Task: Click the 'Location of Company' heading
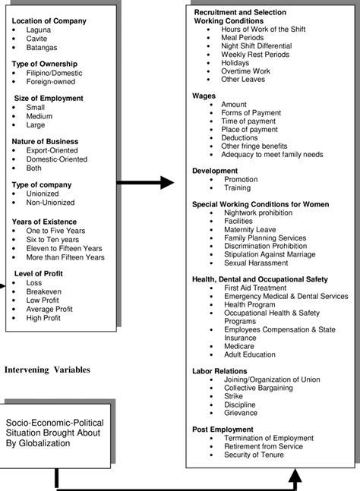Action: coord(49,20)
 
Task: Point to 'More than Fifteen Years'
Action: coord(65,257)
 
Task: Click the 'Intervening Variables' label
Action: coord(47,370)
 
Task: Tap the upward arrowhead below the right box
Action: coord(293,474)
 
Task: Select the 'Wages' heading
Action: coord(204,96)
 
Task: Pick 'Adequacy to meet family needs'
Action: coord(273,154)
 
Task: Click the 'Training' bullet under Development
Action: coord(237,188)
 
